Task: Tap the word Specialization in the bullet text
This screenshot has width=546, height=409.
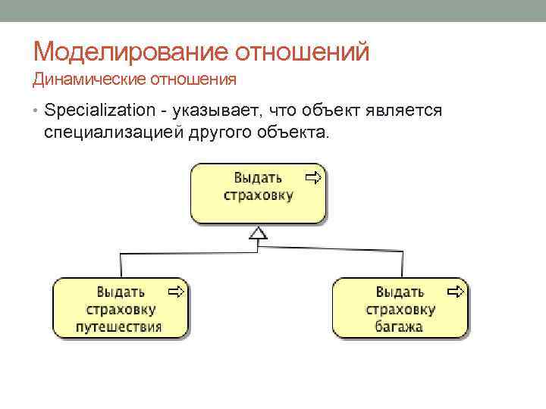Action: click(x=99, y=111)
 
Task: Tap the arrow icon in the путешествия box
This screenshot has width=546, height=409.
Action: click(x=176, y=291)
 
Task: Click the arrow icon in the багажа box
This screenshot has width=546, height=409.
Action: click(x=456, y=291)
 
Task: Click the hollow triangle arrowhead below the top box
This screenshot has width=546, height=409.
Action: click(x=259, y=233)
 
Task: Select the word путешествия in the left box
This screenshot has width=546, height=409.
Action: click(x=119, y=326)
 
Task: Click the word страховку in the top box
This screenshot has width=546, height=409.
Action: click(x=258, y=195)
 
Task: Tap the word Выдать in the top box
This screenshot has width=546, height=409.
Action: click(x=258, y=178)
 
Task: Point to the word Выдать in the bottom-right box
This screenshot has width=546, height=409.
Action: click(x=400, y=292)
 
